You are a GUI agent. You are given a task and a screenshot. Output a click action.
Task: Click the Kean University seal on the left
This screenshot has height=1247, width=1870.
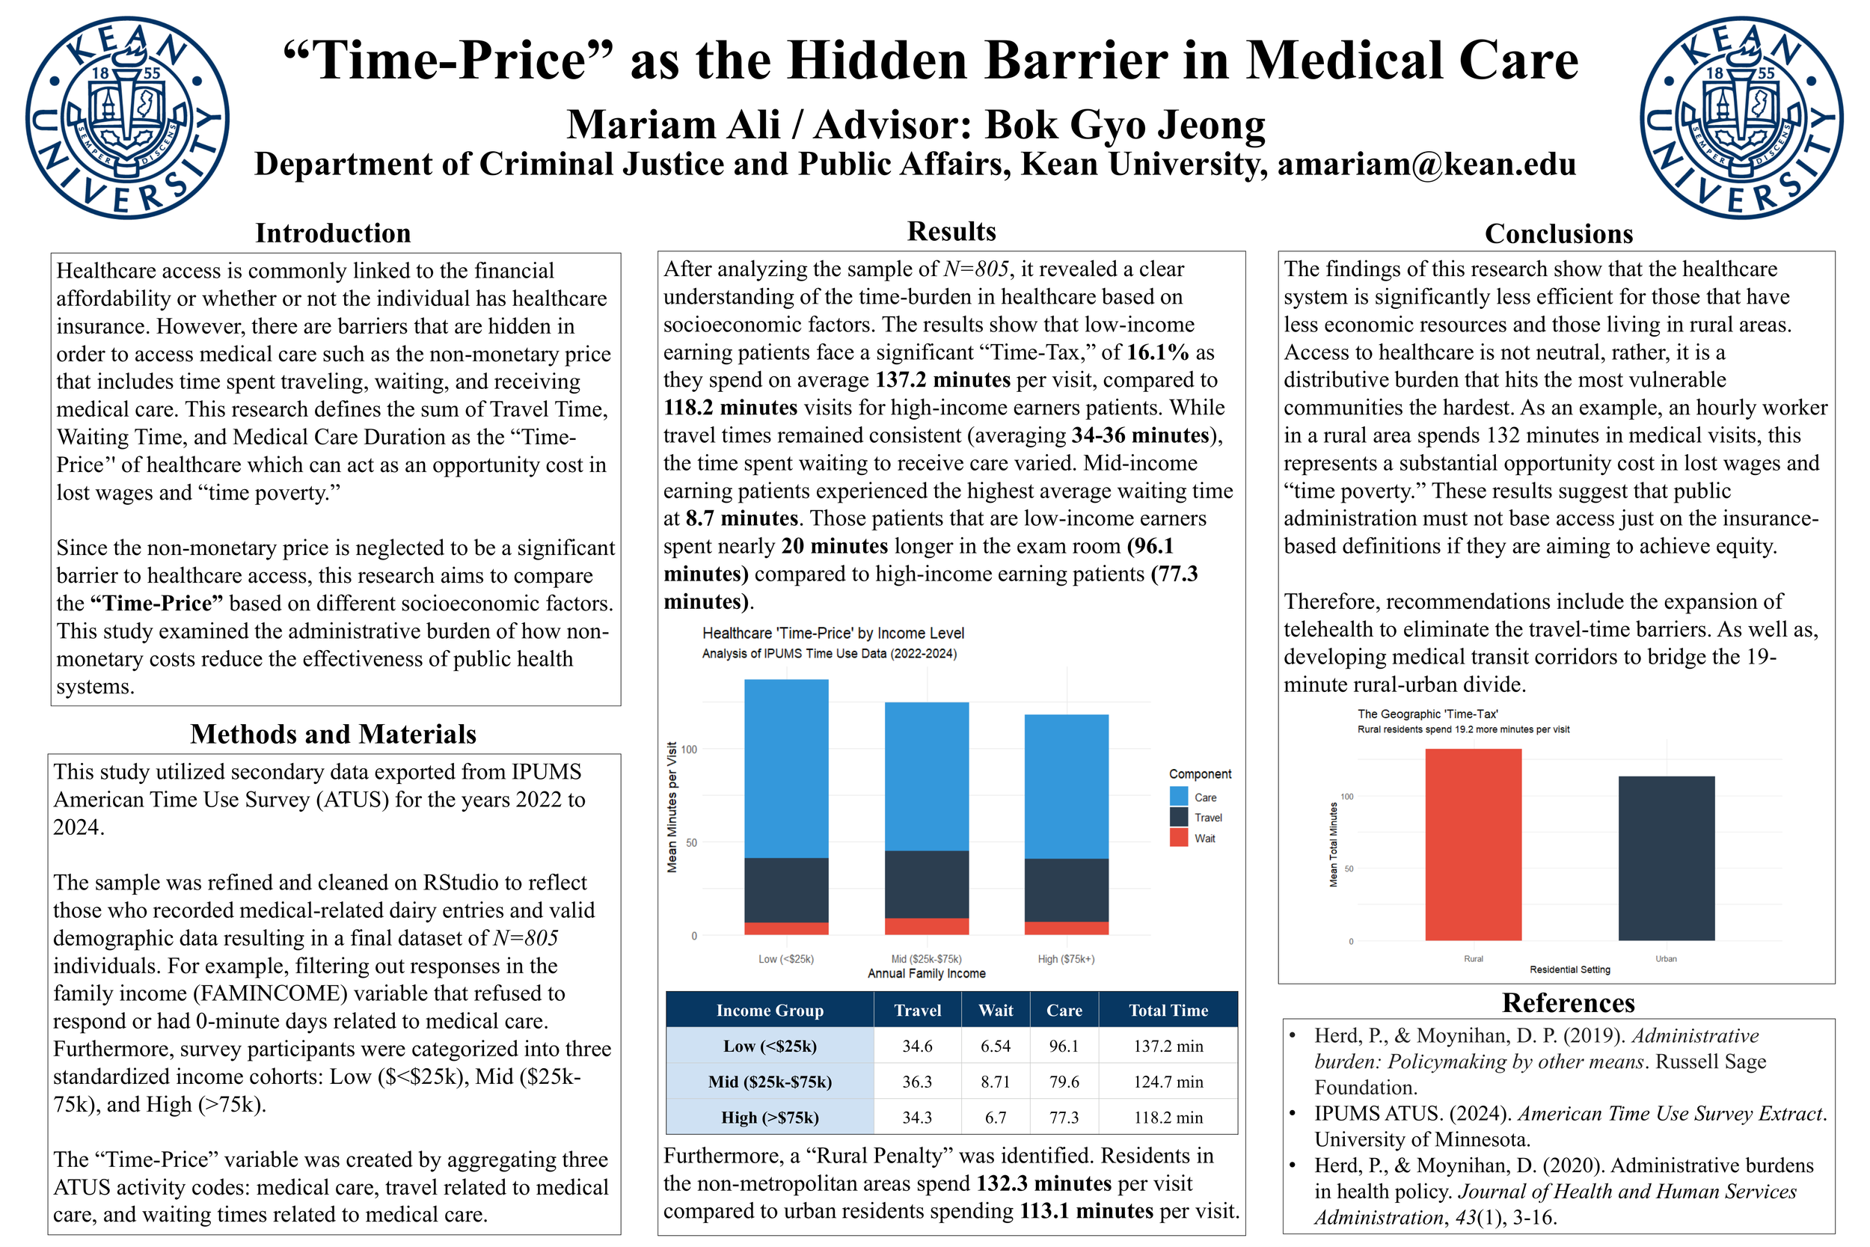coord(127,117)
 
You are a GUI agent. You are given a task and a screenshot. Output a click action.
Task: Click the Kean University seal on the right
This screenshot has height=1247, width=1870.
coord(1742,117)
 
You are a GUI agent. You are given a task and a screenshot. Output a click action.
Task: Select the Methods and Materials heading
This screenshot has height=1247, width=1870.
coord(333,733)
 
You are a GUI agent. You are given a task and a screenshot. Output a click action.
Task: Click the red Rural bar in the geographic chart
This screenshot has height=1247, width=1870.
coord(1473,845)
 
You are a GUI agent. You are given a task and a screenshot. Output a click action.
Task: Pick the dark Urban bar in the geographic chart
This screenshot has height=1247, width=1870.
coord(1666,858)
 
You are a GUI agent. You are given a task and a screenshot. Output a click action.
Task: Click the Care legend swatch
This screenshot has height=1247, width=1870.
coord(1179,796)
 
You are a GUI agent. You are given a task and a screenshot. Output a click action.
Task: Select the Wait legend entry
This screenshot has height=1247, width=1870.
coord(1204,839)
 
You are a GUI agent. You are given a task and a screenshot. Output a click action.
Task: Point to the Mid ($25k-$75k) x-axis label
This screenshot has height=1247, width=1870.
coord(926,959)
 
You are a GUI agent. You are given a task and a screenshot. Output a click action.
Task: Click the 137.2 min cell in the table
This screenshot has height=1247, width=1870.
coord(1168,1046)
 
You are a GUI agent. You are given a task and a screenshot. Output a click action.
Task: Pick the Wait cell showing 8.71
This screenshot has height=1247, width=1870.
coord(996,1082)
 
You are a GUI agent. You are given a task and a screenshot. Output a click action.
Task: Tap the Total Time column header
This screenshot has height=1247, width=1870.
coord(1168,1010)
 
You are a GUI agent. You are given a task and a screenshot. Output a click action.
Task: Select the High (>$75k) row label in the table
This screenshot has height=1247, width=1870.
coord(770,1118)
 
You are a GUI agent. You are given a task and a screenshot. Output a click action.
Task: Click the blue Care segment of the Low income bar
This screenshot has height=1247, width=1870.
coord(785,767)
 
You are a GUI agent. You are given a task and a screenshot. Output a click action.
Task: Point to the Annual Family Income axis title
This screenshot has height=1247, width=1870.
coord(926,973)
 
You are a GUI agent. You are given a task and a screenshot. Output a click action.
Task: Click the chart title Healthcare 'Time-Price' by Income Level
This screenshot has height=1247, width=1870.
coord(833,633)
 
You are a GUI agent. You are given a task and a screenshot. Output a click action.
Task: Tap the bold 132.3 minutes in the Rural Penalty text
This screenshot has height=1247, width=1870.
coord(1043,1183)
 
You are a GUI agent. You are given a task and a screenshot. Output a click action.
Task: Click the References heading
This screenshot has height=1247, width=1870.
coord(1568,1003)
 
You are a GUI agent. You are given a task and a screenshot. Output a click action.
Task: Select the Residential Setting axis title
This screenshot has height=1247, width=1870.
coord(1569,969)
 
